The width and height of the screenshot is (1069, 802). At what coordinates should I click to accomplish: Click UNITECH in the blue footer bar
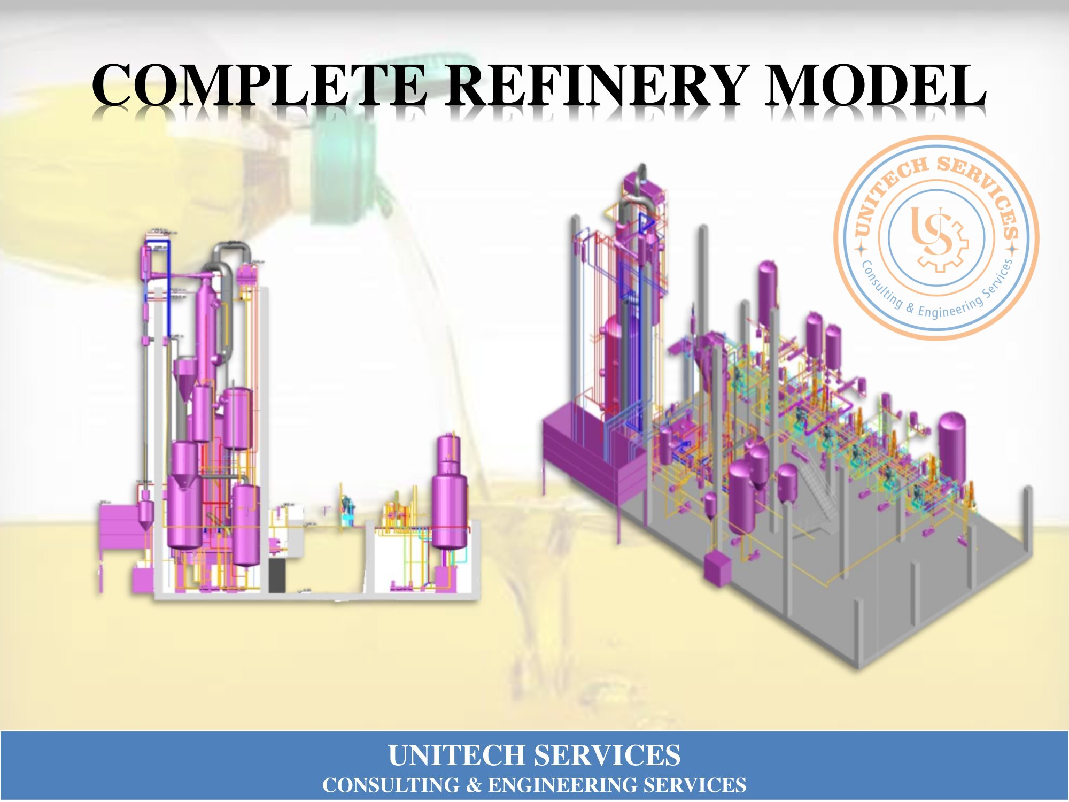point(456,755)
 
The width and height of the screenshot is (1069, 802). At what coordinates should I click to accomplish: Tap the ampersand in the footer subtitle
point(474,785)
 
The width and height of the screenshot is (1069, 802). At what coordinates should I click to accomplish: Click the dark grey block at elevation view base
point(276,575)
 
